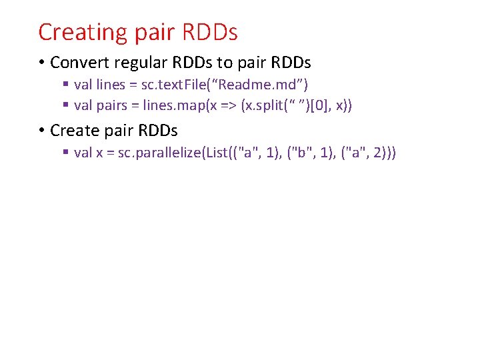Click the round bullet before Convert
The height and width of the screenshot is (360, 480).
[41, 63]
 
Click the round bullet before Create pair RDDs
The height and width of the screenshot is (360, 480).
[41, 130]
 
